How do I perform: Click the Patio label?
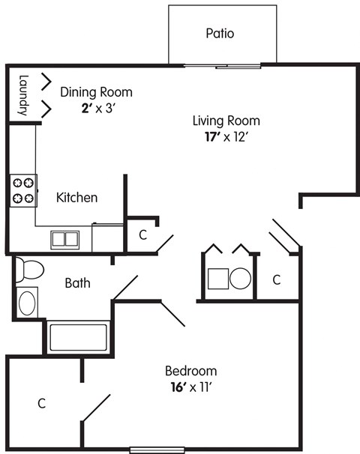click(220, 34)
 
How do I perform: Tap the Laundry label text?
click(23, 94)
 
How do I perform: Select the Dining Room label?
click(96, 93)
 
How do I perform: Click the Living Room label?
click(226, 121)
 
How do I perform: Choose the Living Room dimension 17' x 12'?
click(226, 136)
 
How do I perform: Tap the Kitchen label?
click(77, 198)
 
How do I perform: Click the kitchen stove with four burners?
click(23, 190)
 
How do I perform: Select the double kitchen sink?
click(64, 240)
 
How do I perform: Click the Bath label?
click(77, 282)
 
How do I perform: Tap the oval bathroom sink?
click(26, 303)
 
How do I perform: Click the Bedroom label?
click(190, 371)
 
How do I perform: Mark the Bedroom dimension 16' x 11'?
click(190, 387)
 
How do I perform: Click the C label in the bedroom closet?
click(42, 403)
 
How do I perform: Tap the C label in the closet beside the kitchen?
click(142, 234)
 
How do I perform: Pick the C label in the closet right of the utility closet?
click(276, 279)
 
